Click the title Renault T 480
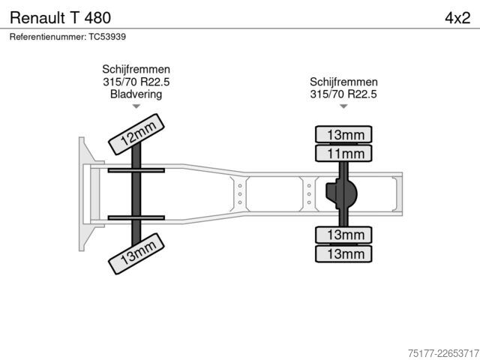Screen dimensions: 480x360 coord(60,18)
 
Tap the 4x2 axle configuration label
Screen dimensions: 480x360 coord(457,18)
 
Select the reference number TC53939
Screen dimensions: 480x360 coord(107,37)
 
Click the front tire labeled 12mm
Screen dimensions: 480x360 coord(136,134)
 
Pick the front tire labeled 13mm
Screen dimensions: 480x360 coord(136,253)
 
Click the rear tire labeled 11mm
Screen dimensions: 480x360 coord(343,153)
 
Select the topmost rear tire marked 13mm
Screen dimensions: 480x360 coord(343,134)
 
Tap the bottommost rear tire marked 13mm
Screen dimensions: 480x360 coord(343,253)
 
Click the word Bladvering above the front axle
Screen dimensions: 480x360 coord(136,94)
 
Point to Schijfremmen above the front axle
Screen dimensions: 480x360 coord(136,69)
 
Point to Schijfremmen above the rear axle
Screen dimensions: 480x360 coord(343,82)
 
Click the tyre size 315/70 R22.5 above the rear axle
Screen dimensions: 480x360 coord(343,94)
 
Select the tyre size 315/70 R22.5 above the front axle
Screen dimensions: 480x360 coord(136,82)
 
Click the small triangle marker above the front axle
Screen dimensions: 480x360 coord(136,106)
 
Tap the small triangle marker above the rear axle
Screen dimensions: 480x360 coord(343,106)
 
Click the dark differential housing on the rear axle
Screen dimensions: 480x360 coord(342,194)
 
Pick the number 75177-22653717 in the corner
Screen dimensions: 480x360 coord(443,353)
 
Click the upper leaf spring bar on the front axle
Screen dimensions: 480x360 coord(136,170)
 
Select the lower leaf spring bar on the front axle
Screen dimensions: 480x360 coord(136,218)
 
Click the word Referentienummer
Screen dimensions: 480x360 coord(48,37)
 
